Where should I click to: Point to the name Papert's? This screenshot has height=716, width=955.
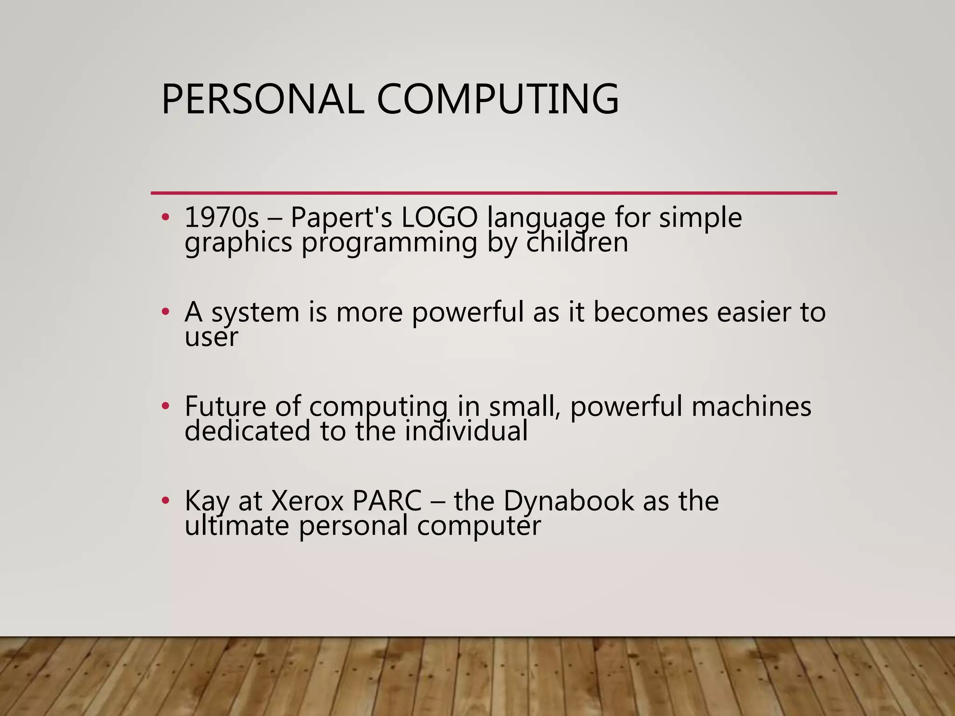pos(341,218)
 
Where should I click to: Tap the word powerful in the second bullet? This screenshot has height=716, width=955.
pos(468,312)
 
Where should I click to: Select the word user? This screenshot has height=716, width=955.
pos(211,337)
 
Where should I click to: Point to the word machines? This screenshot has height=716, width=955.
pos(751,406)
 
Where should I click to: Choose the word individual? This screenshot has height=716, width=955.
pos(466,430)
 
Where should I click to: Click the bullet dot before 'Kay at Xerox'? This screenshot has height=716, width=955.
pos(165,501)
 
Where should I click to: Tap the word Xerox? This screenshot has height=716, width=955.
pos(306,501)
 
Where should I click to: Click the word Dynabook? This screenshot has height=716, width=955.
pos(568,501)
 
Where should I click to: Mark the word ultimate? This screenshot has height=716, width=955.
pos(236,525)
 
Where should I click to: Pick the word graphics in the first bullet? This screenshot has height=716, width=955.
pos(238,243)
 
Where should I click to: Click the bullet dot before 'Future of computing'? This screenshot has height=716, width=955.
pos(165,406)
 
